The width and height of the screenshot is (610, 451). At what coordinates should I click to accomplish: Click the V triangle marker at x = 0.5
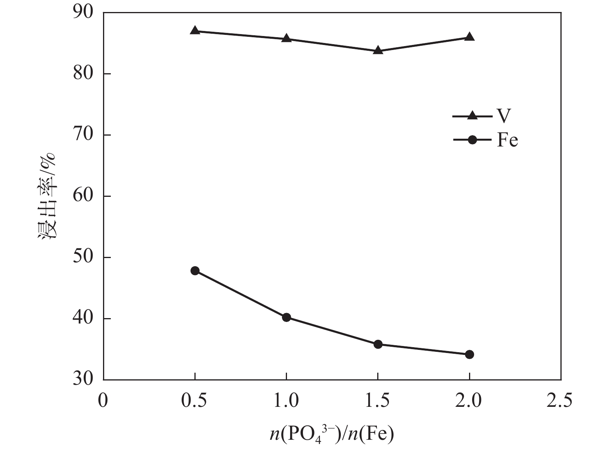pyautogui.click(x=195, y=31)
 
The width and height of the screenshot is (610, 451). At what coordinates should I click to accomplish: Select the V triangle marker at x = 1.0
pyautogui.click(x=287, y=38)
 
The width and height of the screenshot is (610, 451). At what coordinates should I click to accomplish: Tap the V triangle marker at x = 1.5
pyautogui.click(x=378, y=50)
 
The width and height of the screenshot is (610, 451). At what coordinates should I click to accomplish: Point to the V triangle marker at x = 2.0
pyautogui.click(x=469, y=37)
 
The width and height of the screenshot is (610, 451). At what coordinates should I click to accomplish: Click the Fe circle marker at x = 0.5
pyautogui.click(x=195, y=270)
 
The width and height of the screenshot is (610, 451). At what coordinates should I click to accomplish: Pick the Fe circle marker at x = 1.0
pyautogui.click(x=287, y=317)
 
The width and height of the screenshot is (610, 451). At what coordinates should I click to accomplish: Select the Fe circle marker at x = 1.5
pyautogui.click(x=378, y=344)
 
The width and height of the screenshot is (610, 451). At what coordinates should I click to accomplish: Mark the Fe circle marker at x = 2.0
pyautogui.click(x=469, y=354)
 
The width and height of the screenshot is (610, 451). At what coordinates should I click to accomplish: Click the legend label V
pyautogui.click(x=503, y=115)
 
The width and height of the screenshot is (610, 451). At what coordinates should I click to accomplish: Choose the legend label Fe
pyautogui.click(x=507, y=140)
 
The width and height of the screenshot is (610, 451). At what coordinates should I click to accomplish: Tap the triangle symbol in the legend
pyautogui.click(x=472, y=115)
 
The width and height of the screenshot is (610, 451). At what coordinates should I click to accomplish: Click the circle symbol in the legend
pyautogui.click(x=472, y=140)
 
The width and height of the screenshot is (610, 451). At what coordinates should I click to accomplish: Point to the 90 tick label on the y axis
pyautogui.click(x=83, y=12)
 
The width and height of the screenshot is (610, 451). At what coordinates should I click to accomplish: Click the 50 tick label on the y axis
pyautogui.click(x=83, y=257)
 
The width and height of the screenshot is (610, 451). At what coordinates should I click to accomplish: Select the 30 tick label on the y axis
pyautogui.click(x=83, y=379)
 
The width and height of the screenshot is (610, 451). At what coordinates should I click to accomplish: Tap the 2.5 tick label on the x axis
pyautogui.click(x=561, y=401)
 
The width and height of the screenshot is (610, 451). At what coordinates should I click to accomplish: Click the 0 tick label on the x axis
pyautogui.click(x=103, y=401)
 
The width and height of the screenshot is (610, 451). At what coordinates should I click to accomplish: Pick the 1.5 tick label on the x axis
pyautogui.click(x=378, y=401)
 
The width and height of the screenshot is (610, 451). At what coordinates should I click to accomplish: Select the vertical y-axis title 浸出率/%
pyautogui.click(x=47, y=196)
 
